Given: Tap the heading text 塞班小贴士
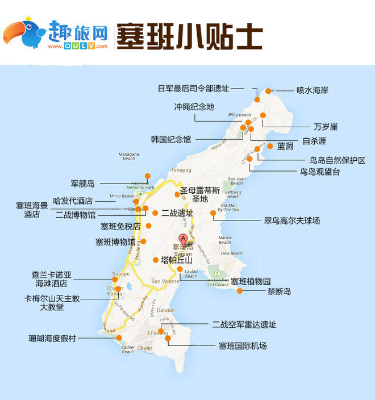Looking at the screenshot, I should pos(189,36).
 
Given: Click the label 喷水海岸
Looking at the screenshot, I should pos(312,90).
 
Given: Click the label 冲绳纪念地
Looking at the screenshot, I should pos(194,107).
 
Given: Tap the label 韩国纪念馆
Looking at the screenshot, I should pos(171,139).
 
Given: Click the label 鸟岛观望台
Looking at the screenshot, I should pos(320,172).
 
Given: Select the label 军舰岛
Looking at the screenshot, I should pos(83,184).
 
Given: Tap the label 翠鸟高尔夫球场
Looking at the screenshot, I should pos(291,220).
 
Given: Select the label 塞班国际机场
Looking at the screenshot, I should pos(243,345).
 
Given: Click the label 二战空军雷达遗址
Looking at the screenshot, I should pos(244,324).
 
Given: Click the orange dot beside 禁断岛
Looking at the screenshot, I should pos(240,291).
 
